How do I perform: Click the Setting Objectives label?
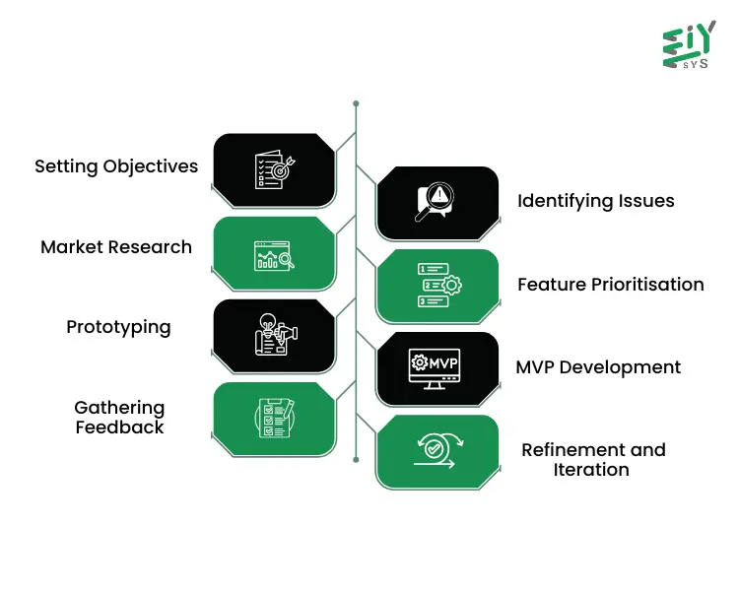[x=116, y=166]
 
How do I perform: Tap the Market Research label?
[x=116, y=247]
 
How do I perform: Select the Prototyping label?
[x=118, y=327]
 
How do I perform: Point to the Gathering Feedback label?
[x=119, y=417]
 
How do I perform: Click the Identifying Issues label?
[x=596, y=201]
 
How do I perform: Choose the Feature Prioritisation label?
[x=611, y=285]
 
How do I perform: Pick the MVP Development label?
[x=598, y=367]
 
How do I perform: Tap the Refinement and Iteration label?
[x=593, y=459]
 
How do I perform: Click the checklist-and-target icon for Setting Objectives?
[x=274, y=168]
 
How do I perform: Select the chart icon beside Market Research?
[x=274, y=255]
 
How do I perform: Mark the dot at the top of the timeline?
[x=356, y=102]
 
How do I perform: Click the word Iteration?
[x=591, y=470]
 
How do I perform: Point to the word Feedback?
[x=120, y=427]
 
